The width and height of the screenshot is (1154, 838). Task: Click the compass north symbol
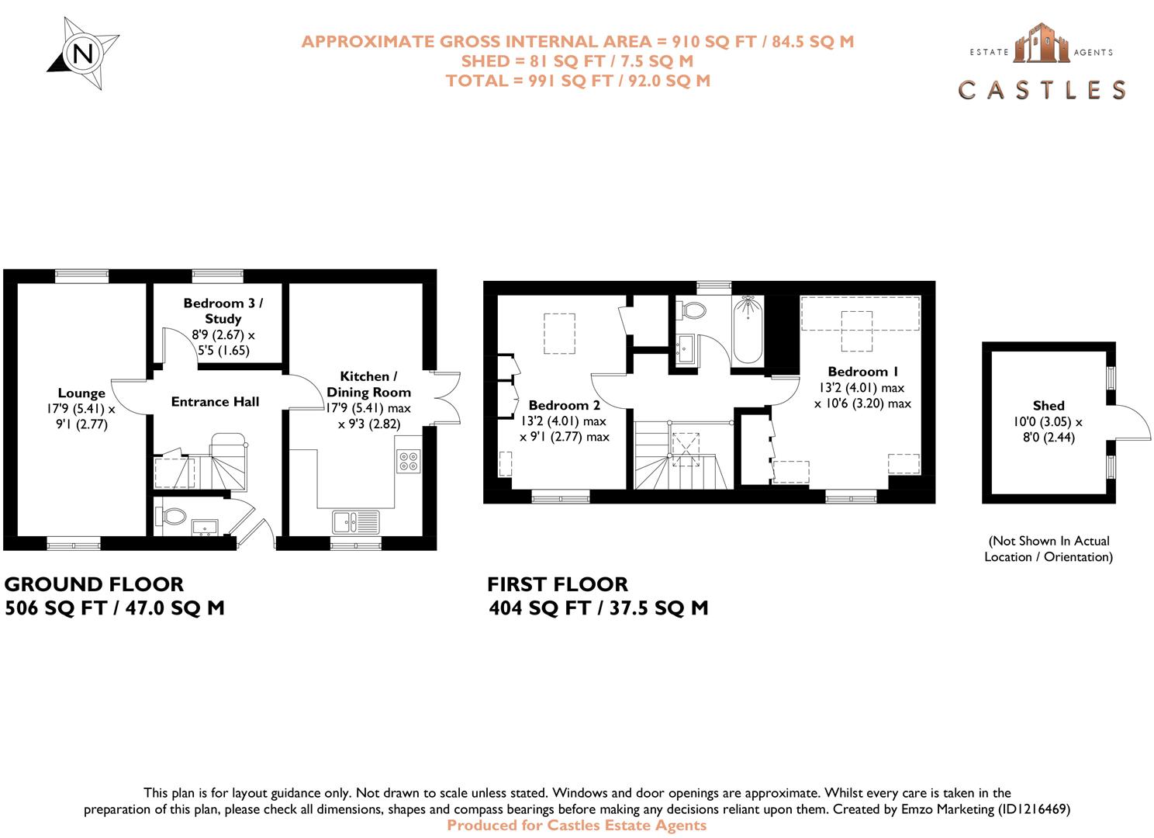pos(83,54)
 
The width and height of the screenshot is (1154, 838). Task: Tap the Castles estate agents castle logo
pos(1042,43)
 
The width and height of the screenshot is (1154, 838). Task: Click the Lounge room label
pos(81,393)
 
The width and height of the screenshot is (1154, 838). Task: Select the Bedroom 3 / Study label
pos(223,310)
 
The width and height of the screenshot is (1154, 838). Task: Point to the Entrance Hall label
pos(215,402)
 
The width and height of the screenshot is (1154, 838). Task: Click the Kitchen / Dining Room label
pos(368,384)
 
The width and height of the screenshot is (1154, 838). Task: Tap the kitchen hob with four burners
pos(409,461)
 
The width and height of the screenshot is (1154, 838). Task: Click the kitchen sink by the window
pos(356,521)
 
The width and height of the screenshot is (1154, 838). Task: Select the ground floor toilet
pos(171,516)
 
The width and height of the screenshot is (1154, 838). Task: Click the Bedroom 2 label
pos(564,405)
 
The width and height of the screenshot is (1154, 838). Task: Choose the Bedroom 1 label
pos(862,372)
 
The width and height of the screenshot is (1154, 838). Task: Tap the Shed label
pos(1048,406)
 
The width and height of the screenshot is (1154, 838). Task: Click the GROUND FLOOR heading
pos(95,584)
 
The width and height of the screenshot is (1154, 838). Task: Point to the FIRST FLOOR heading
pos(558,584)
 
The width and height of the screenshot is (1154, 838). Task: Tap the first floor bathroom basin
pos(685,349)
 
